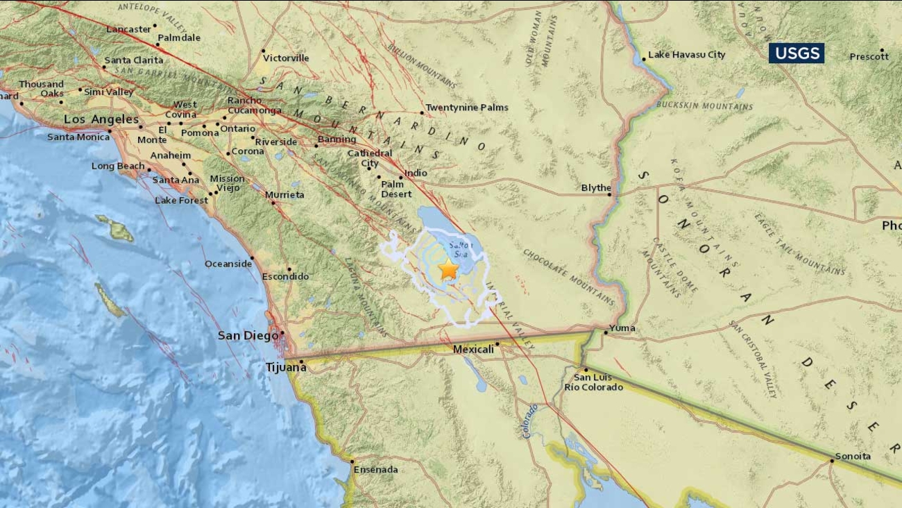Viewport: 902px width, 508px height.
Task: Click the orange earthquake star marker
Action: pyautogui.click(x=448, y=269)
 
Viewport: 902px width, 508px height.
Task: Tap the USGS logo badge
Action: pyautogui.click(x=796, y=53)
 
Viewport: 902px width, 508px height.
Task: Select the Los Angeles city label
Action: pyautogui.click(x=101, y=119)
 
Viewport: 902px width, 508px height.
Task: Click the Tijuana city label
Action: pyautogui.click(x=287, y=367)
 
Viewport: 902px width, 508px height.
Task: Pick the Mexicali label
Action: pyautogui.click(x=473, y=349)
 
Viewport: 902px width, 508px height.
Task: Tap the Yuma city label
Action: pyautogui.click(x=622, y=328)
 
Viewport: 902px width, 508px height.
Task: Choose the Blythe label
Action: pyautogui.click(x=596, y=188)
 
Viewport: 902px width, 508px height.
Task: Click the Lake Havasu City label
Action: pyautogui.click(x=686, y=55)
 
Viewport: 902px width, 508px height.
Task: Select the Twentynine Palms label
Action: pyautogui.click(x=466, y=108)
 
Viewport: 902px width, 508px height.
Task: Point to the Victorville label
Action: pyautogui.click(x=286, y=58)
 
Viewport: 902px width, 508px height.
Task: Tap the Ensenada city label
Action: pyautogui.click(x=375, y=470)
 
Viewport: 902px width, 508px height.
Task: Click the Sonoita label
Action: pyautogui.click(x=852, y=456)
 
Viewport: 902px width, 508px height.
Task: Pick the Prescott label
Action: pyautogui.click(x=869, y=56)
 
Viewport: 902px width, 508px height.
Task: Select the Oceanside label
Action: pyautogui.click(x=228, y=264)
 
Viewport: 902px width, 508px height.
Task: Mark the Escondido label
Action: pyautogui.click(x=285, y=276)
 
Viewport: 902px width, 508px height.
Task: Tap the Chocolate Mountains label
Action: pyautogui.click(x=568, y=277)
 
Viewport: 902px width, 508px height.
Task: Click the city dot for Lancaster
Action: pyautogui.click(x=155, y=30)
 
